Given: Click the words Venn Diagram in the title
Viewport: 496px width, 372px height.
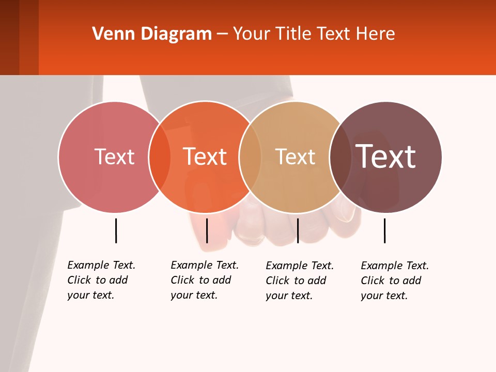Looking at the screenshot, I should [x=152, y=34].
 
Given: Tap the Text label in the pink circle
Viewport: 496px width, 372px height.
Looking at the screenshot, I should [x=114, y=157].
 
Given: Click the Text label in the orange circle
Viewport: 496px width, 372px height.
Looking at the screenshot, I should [x=205, y=157].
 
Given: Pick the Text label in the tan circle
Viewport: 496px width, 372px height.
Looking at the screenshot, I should [x=295, y=157].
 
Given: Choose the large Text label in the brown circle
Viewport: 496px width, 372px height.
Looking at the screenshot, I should [x=386, y=156].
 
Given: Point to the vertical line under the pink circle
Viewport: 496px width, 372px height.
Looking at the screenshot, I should [x=116, y=230].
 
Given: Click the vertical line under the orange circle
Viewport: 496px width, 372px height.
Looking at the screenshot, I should [x=207, y=230].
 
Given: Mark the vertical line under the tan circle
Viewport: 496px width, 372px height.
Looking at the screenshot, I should [x=298, y=230].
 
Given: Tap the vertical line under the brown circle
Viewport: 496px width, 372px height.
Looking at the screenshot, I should [x=384, y=230].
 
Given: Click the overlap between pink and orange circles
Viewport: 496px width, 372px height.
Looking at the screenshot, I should [x=160, y=157].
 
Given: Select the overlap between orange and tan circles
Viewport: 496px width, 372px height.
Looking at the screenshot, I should [x=250, y=157].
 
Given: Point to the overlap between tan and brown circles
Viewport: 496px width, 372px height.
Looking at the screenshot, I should [x=340, y=157].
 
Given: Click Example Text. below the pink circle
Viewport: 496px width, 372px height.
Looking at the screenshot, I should [x=101, y=265].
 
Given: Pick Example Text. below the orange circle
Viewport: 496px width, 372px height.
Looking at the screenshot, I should [x=205, y=265].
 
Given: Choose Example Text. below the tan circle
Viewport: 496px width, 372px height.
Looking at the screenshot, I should [x=300, y=266].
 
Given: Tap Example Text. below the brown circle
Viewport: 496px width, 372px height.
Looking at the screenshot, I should [x=395, y=266].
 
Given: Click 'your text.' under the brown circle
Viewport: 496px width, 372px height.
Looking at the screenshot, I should [x=384, y=296].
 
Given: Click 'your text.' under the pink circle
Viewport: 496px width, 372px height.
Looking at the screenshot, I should [x=90, y=295].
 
